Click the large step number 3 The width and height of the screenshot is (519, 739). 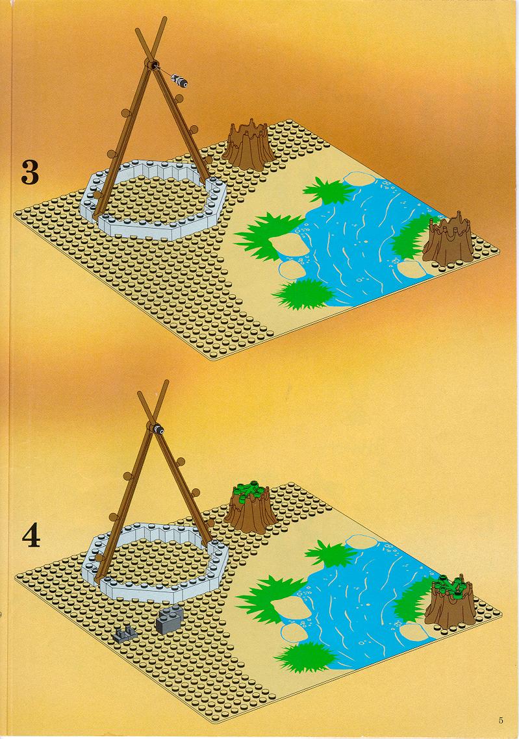[29, 172]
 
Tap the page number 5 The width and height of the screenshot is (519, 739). [501, 720]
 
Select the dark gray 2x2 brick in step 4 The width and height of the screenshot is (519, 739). [170, 618]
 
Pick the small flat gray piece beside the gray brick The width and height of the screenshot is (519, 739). [125, 634]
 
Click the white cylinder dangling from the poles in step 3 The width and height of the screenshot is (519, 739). [180, 81]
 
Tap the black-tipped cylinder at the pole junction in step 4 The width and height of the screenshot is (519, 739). [157, 429]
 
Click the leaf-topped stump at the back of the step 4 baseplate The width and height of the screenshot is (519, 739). [250, 508]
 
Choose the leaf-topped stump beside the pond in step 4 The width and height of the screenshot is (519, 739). [451, 601]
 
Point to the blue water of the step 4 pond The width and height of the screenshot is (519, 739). [359, 599]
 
